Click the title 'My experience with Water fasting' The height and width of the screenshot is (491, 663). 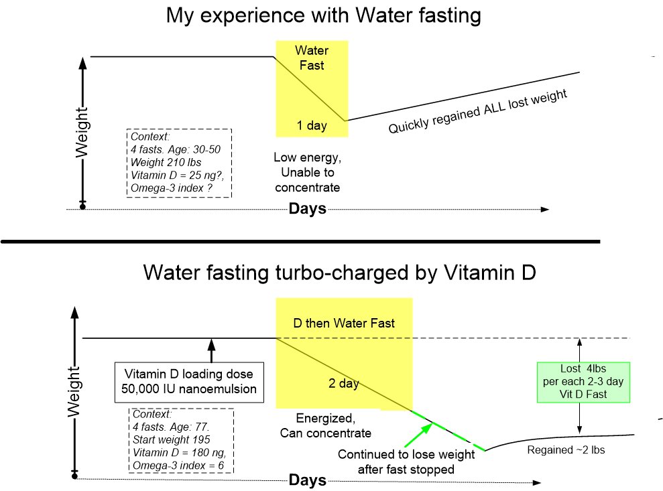324,17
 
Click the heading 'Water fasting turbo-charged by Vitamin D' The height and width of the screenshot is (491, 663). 339,274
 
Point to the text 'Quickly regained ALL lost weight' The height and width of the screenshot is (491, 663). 478,111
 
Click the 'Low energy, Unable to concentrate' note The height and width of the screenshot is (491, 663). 306,172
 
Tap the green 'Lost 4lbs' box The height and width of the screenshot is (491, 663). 583,382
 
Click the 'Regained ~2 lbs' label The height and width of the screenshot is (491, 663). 566,449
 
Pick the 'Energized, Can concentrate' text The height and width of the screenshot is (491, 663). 326,426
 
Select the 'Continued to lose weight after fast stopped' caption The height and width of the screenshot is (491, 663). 406,462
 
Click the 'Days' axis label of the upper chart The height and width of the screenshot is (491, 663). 307,208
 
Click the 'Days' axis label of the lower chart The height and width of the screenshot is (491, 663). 307,480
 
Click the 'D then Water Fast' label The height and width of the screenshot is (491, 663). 344,323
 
